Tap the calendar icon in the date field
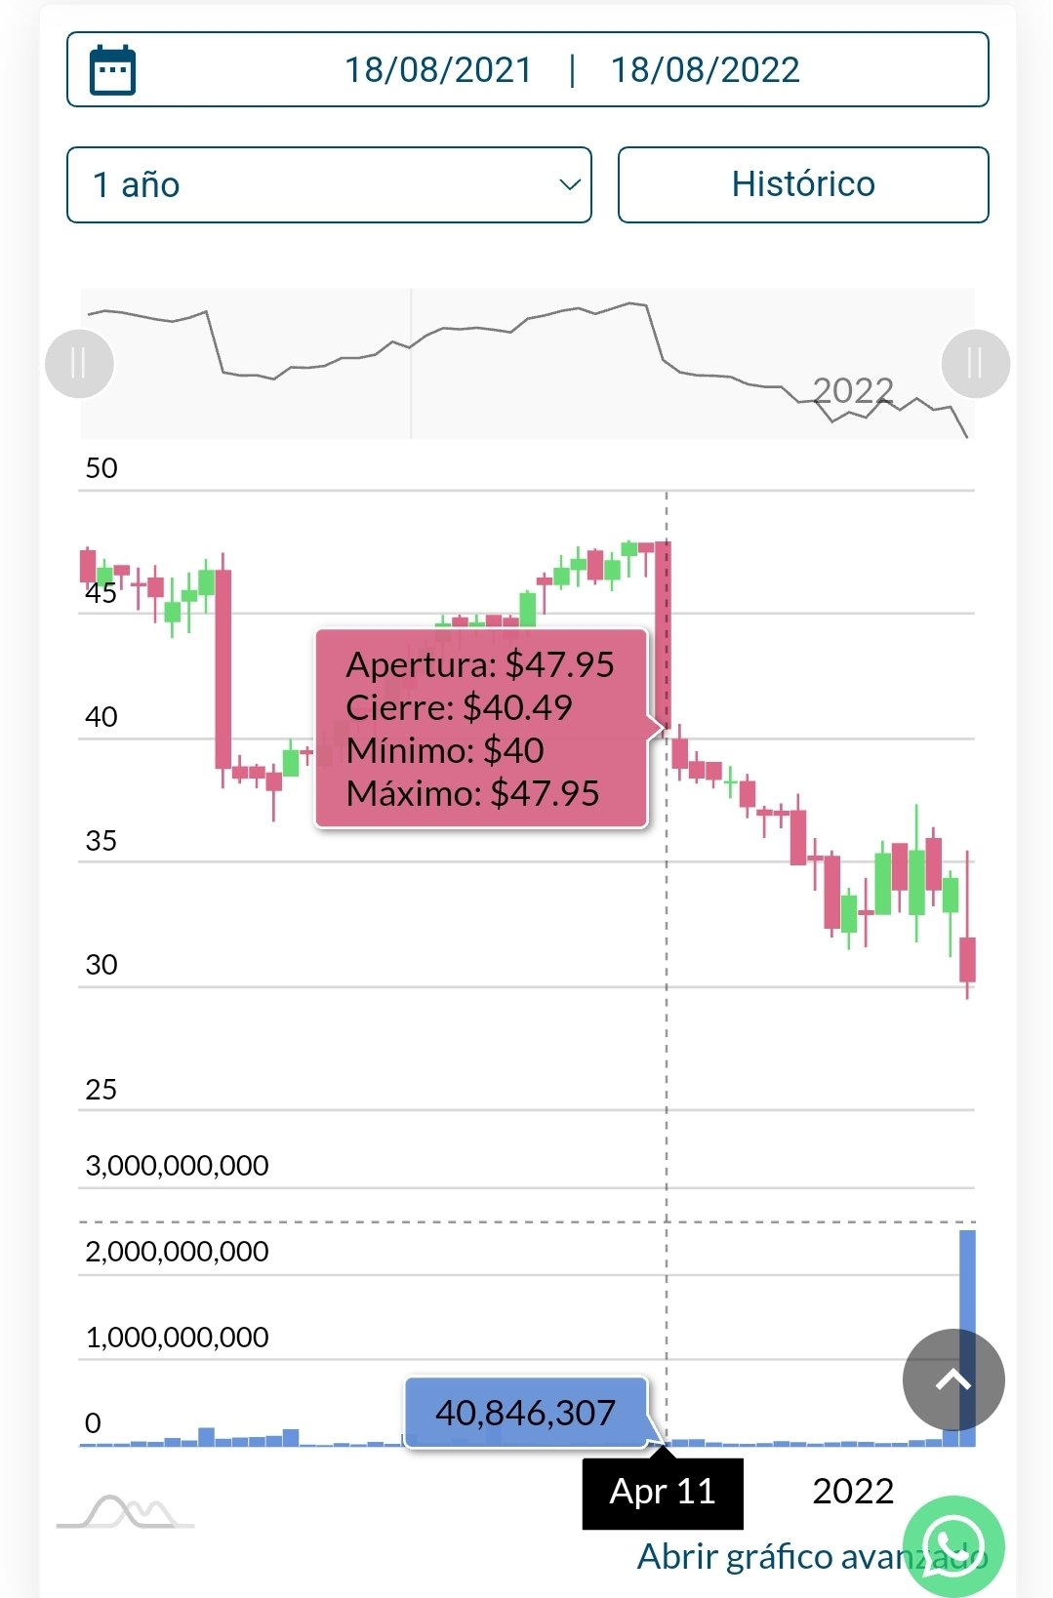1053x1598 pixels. coord(112,70)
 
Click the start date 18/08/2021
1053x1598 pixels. coord(438,70)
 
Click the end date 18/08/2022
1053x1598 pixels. coord(705,70)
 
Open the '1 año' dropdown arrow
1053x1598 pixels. coord(569,184)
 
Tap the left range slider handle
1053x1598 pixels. coord(80,364)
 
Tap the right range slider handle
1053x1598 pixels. coord(975,364)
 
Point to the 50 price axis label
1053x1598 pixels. coord(101,468)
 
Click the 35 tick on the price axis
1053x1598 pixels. coord(101,841)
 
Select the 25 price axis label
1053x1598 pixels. coord(101,1090)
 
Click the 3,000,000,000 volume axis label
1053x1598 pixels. coord(177,1166)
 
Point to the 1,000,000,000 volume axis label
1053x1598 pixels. coord(177,1338)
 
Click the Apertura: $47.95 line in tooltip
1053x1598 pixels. coord(480,665)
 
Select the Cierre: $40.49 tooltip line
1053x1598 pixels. coord(459,708)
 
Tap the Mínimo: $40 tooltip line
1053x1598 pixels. coord(445,751)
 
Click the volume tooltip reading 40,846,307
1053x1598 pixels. coord(525,1413)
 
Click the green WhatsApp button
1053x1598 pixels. coord(953,1545)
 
